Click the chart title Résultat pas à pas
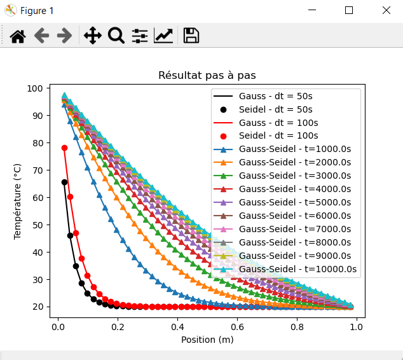[x=207, y=76]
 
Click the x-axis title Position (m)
[x=207, y=340]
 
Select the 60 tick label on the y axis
[x=36, y=198]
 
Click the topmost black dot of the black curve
[x=64, y=183]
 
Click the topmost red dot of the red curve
[x=64, y=148]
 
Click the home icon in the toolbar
[x=18, y=36]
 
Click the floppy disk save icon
[x=191, y=36]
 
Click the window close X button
[x=386, y=10]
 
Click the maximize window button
[x=349, y=10]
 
